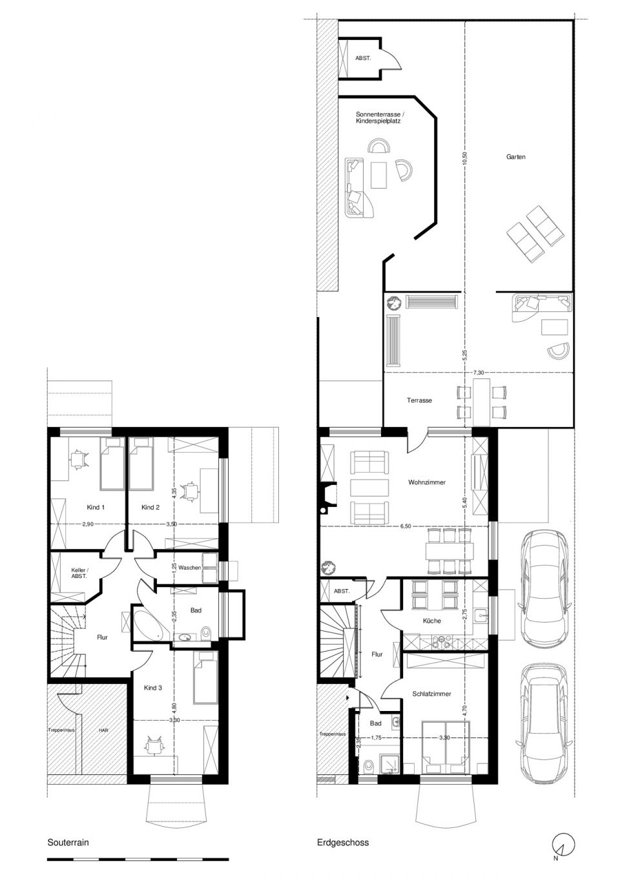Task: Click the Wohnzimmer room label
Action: click(427, 482)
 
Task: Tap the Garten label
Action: click(515, 156)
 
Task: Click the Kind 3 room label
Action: click(152, 688)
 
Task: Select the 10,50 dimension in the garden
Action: click(464, 160)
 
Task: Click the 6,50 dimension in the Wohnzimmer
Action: click(406, 526)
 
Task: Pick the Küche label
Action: click(431, 621)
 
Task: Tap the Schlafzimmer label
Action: click(431, 694)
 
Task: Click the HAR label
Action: click(103, 730)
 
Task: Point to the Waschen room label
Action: click(189, 567)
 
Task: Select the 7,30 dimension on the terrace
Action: click(479, 373)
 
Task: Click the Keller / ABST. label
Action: click(79, 573)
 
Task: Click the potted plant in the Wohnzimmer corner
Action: click(327, 567)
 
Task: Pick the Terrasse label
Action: click(419, 400)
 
